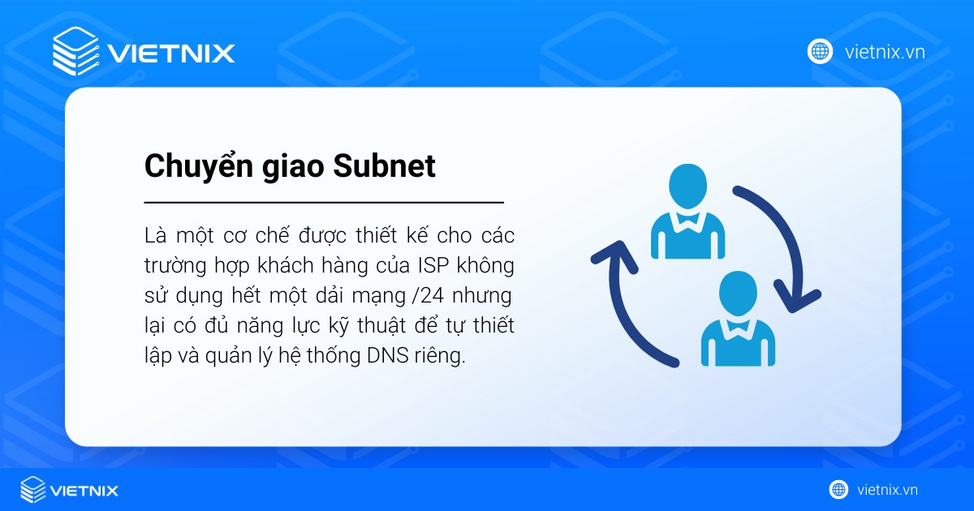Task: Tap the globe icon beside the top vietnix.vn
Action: pyautogui.click(x=820, y=52)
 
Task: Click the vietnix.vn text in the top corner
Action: pyautogui.click(x=885, y=53)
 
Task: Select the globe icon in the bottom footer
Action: pyautogui.click(x=838, y=490)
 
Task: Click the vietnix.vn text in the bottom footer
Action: pyautogui.click(x=887, y=490)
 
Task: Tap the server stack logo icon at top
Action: pyautogui.click(x=75, y=51)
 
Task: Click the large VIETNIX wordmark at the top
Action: pyautogui.click(x=171, y=54)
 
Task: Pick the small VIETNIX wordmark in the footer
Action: pyautogui.click(x=84, y=491)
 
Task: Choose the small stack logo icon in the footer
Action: pyautogui.click(x=33, y=490)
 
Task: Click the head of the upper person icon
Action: pyautogui.click(x=688, y=184)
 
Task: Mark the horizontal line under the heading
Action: pyautogui.click(x=324, y=202)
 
